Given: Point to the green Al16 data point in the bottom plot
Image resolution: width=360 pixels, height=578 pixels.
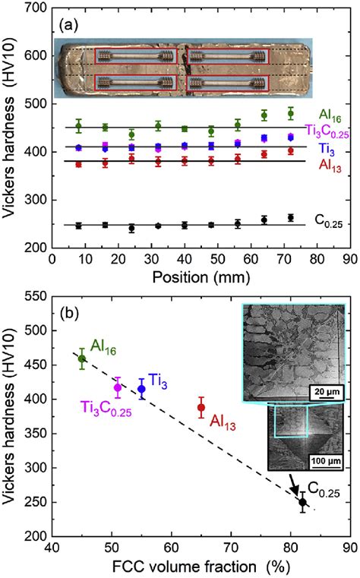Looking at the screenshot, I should [82, 358].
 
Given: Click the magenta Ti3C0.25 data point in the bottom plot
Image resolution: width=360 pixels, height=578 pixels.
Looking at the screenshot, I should [117, 387].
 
